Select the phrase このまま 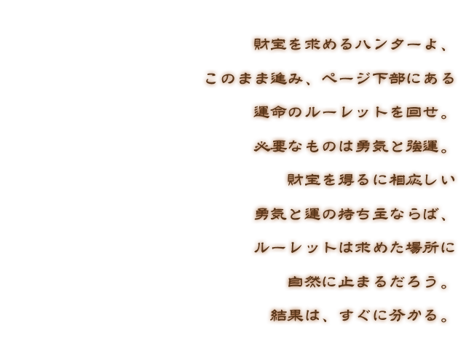236,78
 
